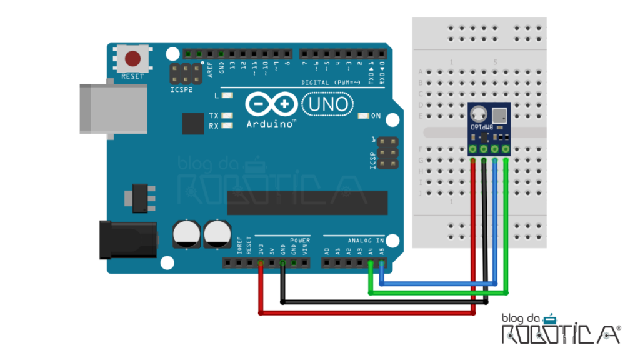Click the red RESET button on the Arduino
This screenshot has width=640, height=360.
(x=132, y=59)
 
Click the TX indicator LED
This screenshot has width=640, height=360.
(x=226, y=116)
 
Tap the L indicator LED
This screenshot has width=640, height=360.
(x=226, y=96)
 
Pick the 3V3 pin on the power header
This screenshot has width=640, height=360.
(x=261, y=264)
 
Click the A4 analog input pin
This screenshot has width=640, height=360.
(x=371, y=264)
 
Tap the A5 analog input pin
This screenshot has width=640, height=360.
(x=382, y=264)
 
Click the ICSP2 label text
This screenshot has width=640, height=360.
(x=182, y=89)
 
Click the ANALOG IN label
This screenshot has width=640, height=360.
(x=366, y=241)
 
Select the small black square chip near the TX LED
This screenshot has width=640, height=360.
(x=193, y=123)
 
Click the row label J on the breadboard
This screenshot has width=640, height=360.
(x=421, y=194)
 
